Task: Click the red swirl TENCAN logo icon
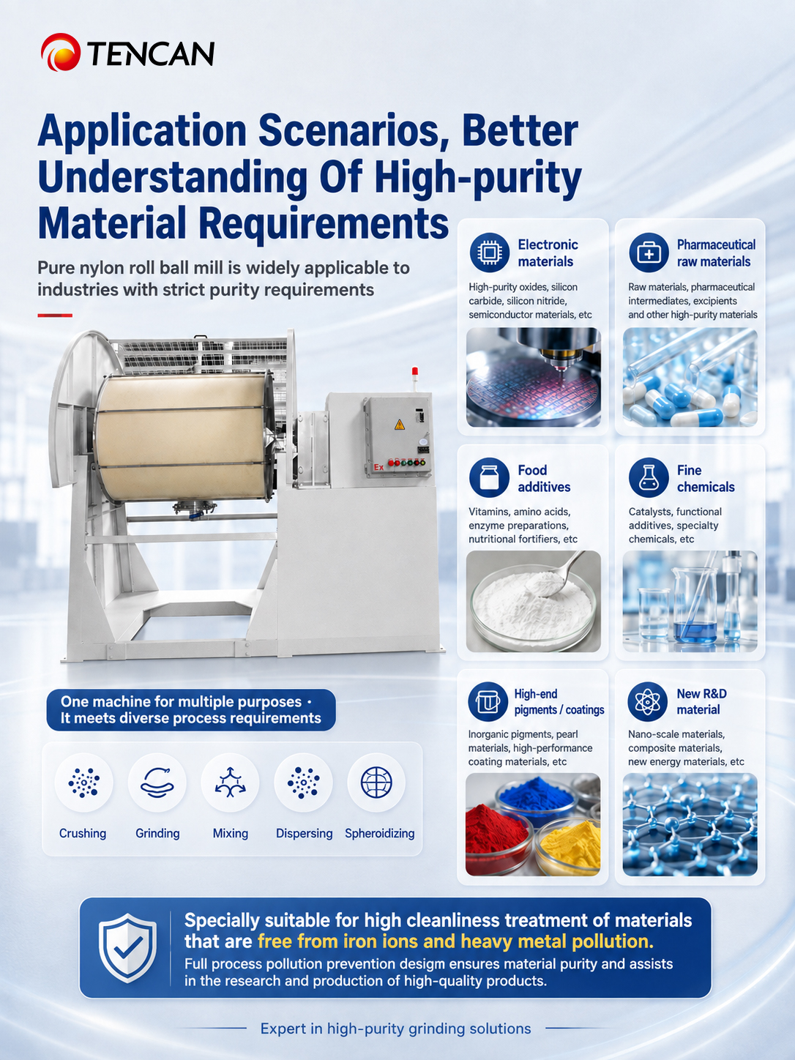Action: tap(60, 52)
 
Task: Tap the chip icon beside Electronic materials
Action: tap(489, 252)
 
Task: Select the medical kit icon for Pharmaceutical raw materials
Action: tap(649, 252)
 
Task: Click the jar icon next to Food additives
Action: tap(489, 477)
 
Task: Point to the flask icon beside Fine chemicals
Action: tap(649, 477)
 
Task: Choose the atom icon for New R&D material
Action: tap(647, 702)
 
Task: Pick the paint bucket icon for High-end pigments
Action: tap(488, 702)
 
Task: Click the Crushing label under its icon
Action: tap(83, 834)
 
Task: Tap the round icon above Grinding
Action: tap(157, 783)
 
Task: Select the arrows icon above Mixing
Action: tap(231, 783)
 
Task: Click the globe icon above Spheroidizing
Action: tap(376, 783)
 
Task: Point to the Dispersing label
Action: tap(304, 834)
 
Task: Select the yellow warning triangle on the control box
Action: tap(399, 425)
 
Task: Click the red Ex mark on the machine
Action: tap(379, 467)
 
